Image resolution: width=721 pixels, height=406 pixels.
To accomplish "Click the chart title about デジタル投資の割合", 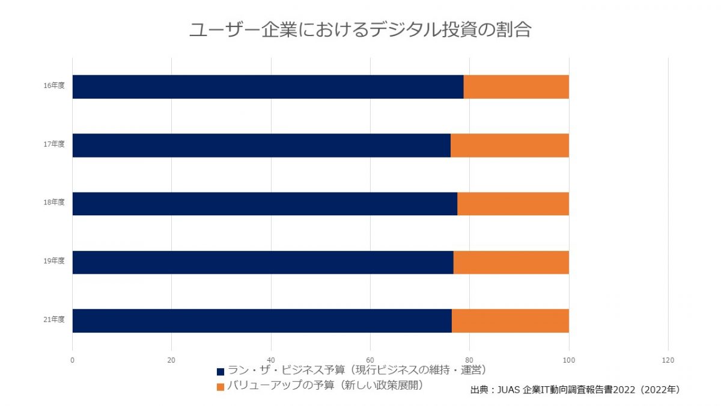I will point(360,30).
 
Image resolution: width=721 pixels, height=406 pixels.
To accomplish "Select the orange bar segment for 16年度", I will point(516,87).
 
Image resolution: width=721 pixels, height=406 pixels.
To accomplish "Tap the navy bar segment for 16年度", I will point(268,87).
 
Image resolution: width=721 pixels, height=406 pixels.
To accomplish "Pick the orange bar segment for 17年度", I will point(510,146).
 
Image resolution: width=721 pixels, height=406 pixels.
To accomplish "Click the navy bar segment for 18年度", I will point(264,204).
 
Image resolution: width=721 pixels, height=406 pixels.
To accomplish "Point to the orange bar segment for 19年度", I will point(511,262).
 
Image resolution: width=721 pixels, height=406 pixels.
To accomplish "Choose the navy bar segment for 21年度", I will point(262,321).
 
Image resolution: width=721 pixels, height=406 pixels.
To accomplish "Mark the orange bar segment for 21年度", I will point(510,321).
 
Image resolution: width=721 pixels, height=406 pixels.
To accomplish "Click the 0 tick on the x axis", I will point(72,360).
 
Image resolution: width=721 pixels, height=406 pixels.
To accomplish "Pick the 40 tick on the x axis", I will point(271,360).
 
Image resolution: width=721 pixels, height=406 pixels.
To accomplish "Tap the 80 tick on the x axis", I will point(469,360).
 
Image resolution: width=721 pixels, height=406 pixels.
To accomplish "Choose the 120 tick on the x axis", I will point(668,360).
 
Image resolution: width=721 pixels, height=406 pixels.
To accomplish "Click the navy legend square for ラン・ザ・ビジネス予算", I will point(221,371).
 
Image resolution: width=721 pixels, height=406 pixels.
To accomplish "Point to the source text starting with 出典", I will point(575,390).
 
